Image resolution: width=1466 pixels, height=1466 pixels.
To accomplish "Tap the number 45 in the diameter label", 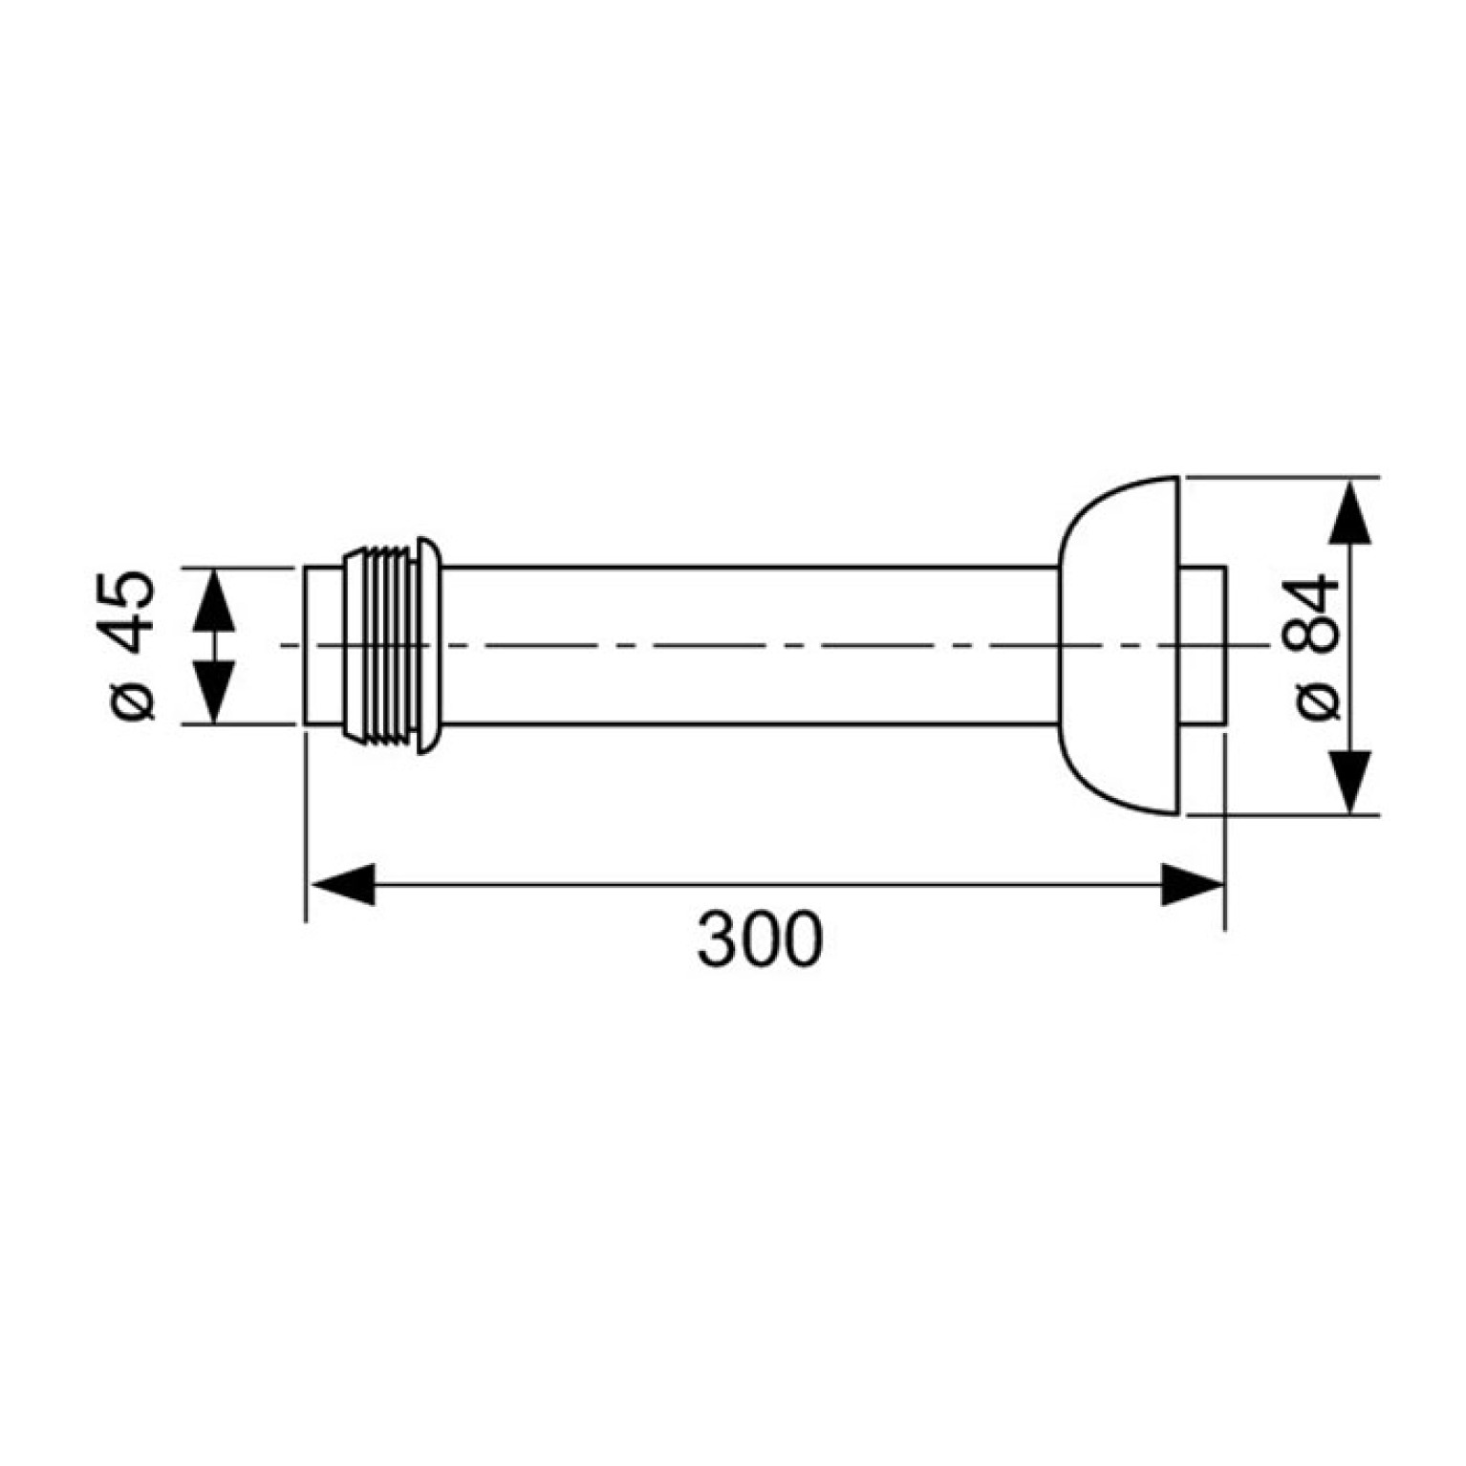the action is pyautogui.click(x=128, y=612).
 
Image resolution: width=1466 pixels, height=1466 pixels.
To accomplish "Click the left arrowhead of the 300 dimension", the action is pyautogui.click(x=340, y=885).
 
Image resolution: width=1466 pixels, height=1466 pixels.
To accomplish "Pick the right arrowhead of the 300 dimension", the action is pyautogui.click(x=1192, y=885).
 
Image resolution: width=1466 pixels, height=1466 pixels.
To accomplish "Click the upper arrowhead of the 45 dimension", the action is pyautogui.click(x=213, y=600).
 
